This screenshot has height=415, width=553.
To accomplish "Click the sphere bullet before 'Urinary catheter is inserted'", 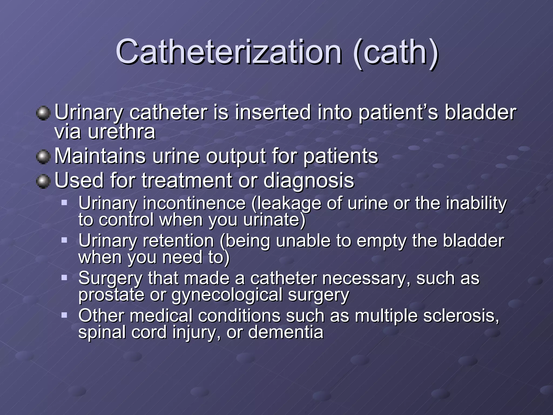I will coord(43,113).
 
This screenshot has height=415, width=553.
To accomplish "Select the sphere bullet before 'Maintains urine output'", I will coord(43,157).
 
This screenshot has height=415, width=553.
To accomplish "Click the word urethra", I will coord(122,132).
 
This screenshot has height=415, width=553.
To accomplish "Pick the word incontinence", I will coord(194,203).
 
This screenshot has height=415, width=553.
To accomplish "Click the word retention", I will coord(178,241).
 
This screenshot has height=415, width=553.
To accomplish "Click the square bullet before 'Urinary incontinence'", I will coord(64,202).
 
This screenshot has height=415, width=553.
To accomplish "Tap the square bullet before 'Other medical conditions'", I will coord(64,315).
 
